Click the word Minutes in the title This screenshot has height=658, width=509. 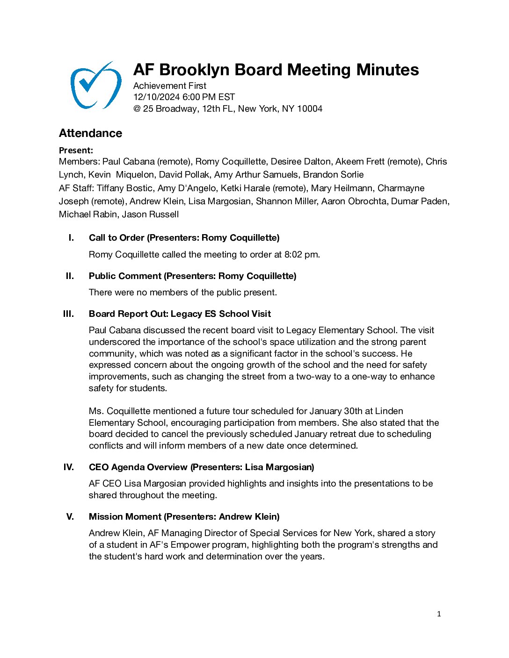click(387, 70)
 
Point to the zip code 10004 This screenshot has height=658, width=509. click(309, 109)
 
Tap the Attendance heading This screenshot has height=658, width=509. click(90, 133)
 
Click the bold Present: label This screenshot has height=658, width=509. click(76, 150)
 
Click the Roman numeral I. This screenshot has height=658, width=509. click(71, 238)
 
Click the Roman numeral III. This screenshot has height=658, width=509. click(68, 314)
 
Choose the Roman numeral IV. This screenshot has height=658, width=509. click(68, 467)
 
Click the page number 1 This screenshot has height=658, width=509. click(439, 614)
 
